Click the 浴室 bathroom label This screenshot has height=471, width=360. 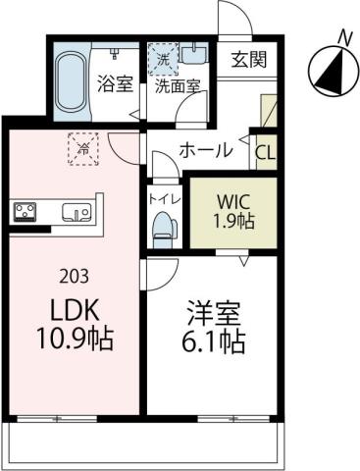[115, 84]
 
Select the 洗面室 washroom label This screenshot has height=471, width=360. [178, 85]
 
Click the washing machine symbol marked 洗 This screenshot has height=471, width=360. [163, 59]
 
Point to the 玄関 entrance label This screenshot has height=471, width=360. [248, 61]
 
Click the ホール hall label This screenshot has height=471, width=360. [205, 150]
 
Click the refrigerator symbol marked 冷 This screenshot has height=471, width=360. [84, 149]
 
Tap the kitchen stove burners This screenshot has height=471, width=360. [26, 211]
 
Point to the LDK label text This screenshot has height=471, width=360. [74, 311]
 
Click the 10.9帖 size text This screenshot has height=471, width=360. [74, 340]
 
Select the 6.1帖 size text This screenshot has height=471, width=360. [215, 345]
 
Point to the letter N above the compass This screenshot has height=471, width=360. [343, 37]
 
